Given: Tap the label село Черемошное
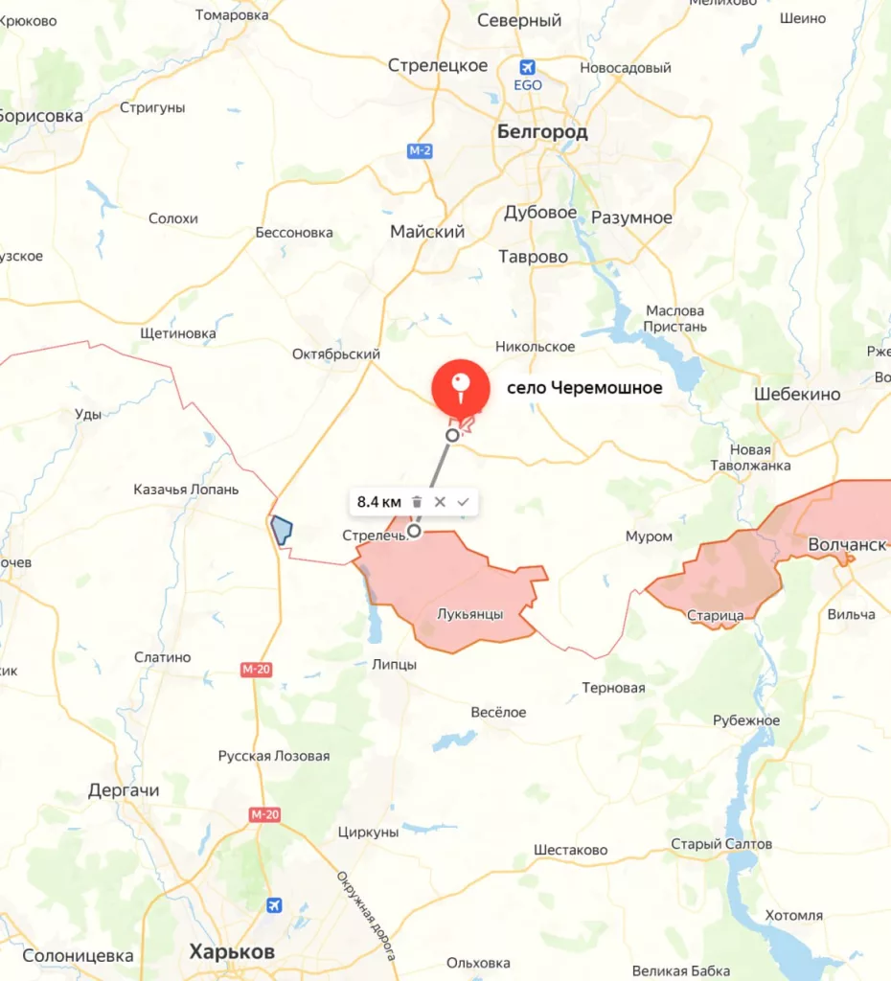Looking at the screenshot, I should [x=584, y=388].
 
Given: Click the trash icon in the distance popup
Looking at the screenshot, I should [x=417, y=501].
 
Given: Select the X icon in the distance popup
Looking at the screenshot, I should [x=440, y=501].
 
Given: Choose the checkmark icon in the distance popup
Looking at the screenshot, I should [x=464, y=501].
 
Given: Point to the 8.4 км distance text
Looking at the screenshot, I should [x=379, y=501].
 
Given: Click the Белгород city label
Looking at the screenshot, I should [x=542, y=132].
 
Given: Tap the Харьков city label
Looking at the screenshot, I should [x=232, y=952].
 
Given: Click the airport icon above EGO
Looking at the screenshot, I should [x=527, y=67].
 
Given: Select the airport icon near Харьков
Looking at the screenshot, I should [x=275, y=904].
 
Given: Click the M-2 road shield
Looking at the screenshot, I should [x=420, y=150].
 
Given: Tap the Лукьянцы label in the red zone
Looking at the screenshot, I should [x=469, y=614].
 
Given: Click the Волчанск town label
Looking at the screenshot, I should [x=846, y=544].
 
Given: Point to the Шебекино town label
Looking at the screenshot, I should [x=797, y=394].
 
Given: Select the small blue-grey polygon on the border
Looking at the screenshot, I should [x=281, y=530].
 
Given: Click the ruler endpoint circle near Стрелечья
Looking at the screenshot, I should [x=414, y=530].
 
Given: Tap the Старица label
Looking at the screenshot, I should [x=715, y=614].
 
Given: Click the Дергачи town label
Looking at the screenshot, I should [x=124, y=790].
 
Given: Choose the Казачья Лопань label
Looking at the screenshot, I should [x=186, y=489].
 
